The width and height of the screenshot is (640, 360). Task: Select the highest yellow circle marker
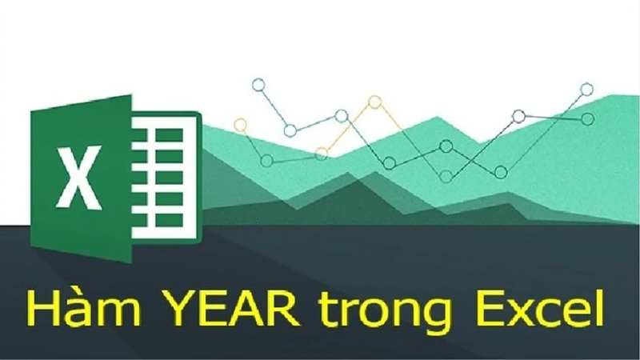click(374, 102)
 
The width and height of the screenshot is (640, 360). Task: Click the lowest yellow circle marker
click(322, 151)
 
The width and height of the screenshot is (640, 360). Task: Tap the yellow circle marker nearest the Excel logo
click(240, 125)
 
